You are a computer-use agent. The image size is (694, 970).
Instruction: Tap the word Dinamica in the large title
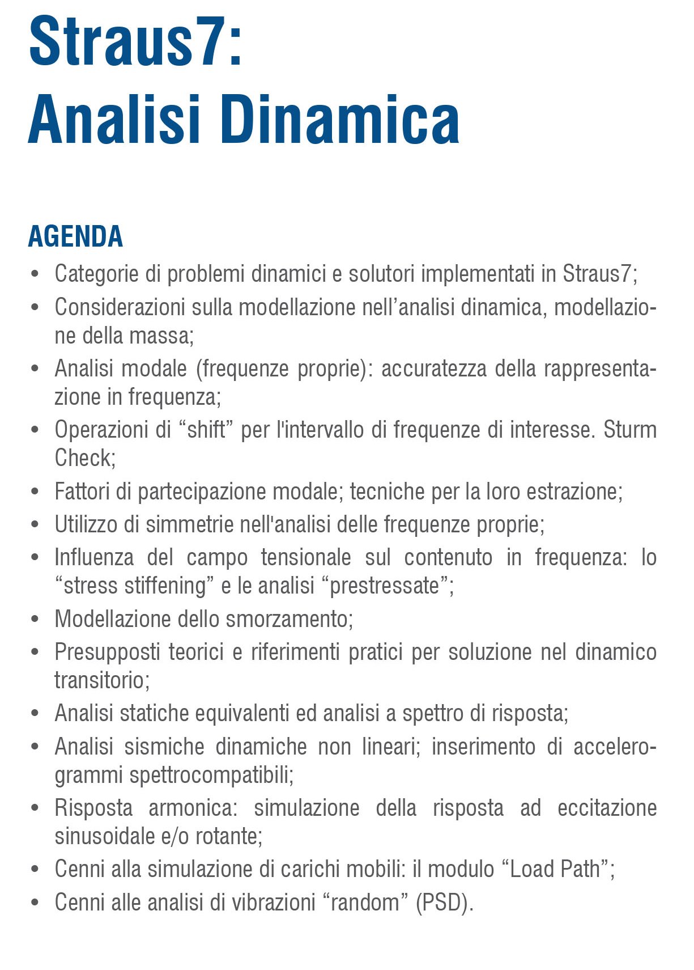[x=343, y=120]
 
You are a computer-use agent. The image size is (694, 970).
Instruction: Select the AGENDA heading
[x=75, y=236]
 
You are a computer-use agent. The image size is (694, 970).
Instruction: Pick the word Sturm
[x=629, y=430]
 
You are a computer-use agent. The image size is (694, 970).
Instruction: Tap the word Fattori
[x=82, y=492]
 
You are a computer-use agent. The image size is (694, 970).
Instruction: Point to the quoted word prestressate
[x=385, y=586]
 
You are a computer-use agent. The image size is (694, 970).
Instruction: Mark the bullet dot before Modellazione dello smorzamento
[x=35, y=619]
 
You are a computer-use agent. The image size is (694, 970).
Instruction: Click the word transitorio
[x=102, y=680]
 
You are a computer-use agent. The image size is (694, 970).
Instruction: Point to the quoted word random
[x=365, y=902]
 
